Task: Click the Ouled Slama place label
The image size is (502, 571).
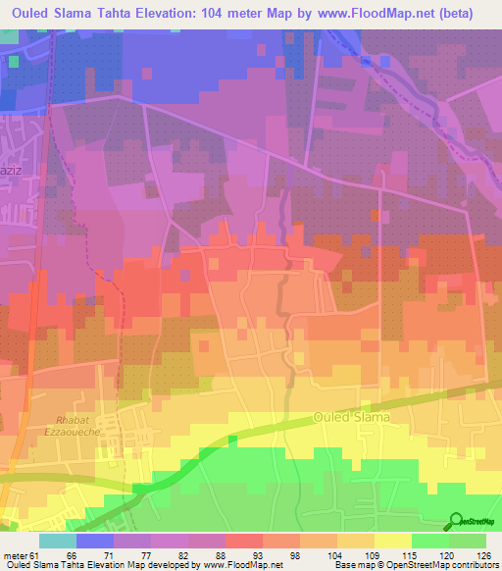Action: tap(352, 417)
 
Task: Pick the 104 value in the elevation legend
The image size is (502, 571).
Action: tap(336, 555)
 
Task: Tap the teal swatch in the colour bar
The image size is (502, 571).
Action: tap(57, 541)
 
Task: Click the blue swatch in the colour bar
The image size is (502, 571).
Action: tap(94, 541)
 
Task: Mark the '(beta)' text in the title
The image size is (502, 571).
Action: tap(474, 13)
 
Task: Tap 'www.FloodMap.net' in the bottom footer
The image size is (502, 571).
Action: tap(239, 565)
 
